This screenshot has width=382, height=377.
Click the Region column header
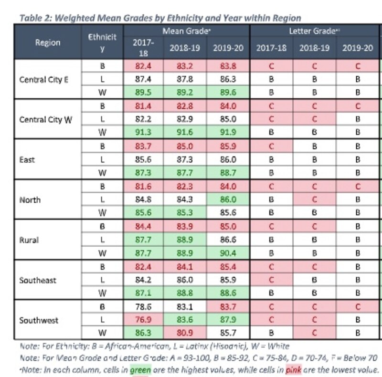pos(47,42)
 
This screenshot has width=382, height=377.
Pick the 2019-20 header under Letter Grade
pos(358,48)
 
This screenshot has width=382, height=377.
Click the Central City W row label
pos(46,120)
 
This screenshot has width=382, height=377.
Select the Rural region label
pos(29,240)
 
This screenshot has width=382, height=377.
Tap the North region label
pos(30,200)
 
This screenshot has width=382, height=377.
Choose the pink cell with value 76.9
pos(143,320)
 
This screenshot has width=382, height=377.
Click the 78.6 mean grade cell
pos(143,307)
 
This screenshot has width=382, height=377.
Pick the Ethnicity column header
pos(102,42)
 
